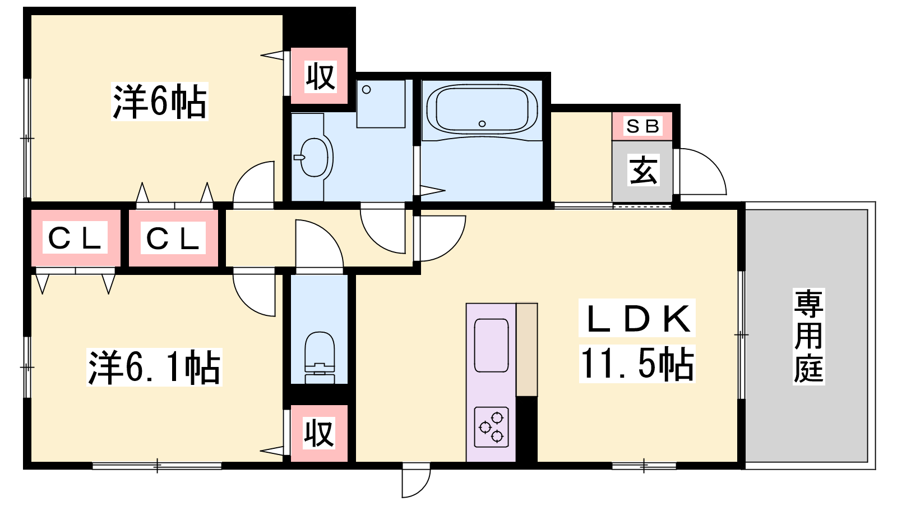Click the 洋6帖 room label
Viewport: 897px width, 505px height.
[x=159, y=102]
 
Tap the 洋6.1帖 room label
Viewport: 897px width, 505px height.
[x=154, y=367]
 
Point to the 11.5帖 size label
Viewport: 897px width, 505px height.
[x=637, y=364]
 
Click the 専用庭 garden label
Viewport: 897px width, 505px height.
[x=808, y=336]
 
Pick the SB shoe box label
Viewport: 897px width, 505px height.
[x=642, y=126]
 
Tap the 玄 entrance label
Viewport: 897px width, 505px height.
[x=644, y=170]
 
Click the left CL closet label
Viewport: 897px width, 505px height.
[x=75, y=238]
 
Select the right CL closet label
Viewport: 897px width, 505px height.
[x=173, y=238]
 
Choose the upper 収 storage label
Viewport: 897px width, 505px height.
[x=320, y=76]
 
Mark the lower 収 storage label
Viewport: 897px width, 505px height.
[x=319, y=433]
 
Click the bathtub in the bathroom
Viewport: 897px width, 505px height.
[x=482, y=109]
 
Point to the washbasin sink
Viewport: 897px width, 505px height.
[x=314, y=157]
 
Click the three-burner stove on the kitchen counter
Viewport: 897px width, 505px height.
[x=491, y=427]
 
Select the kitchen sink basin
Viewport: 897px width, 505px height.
[x=491, y=346]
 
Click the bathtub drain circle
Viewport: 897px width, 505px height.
[x=482, y=124]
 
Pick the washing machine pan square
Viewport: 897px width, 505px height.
[x=381, y=104]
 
